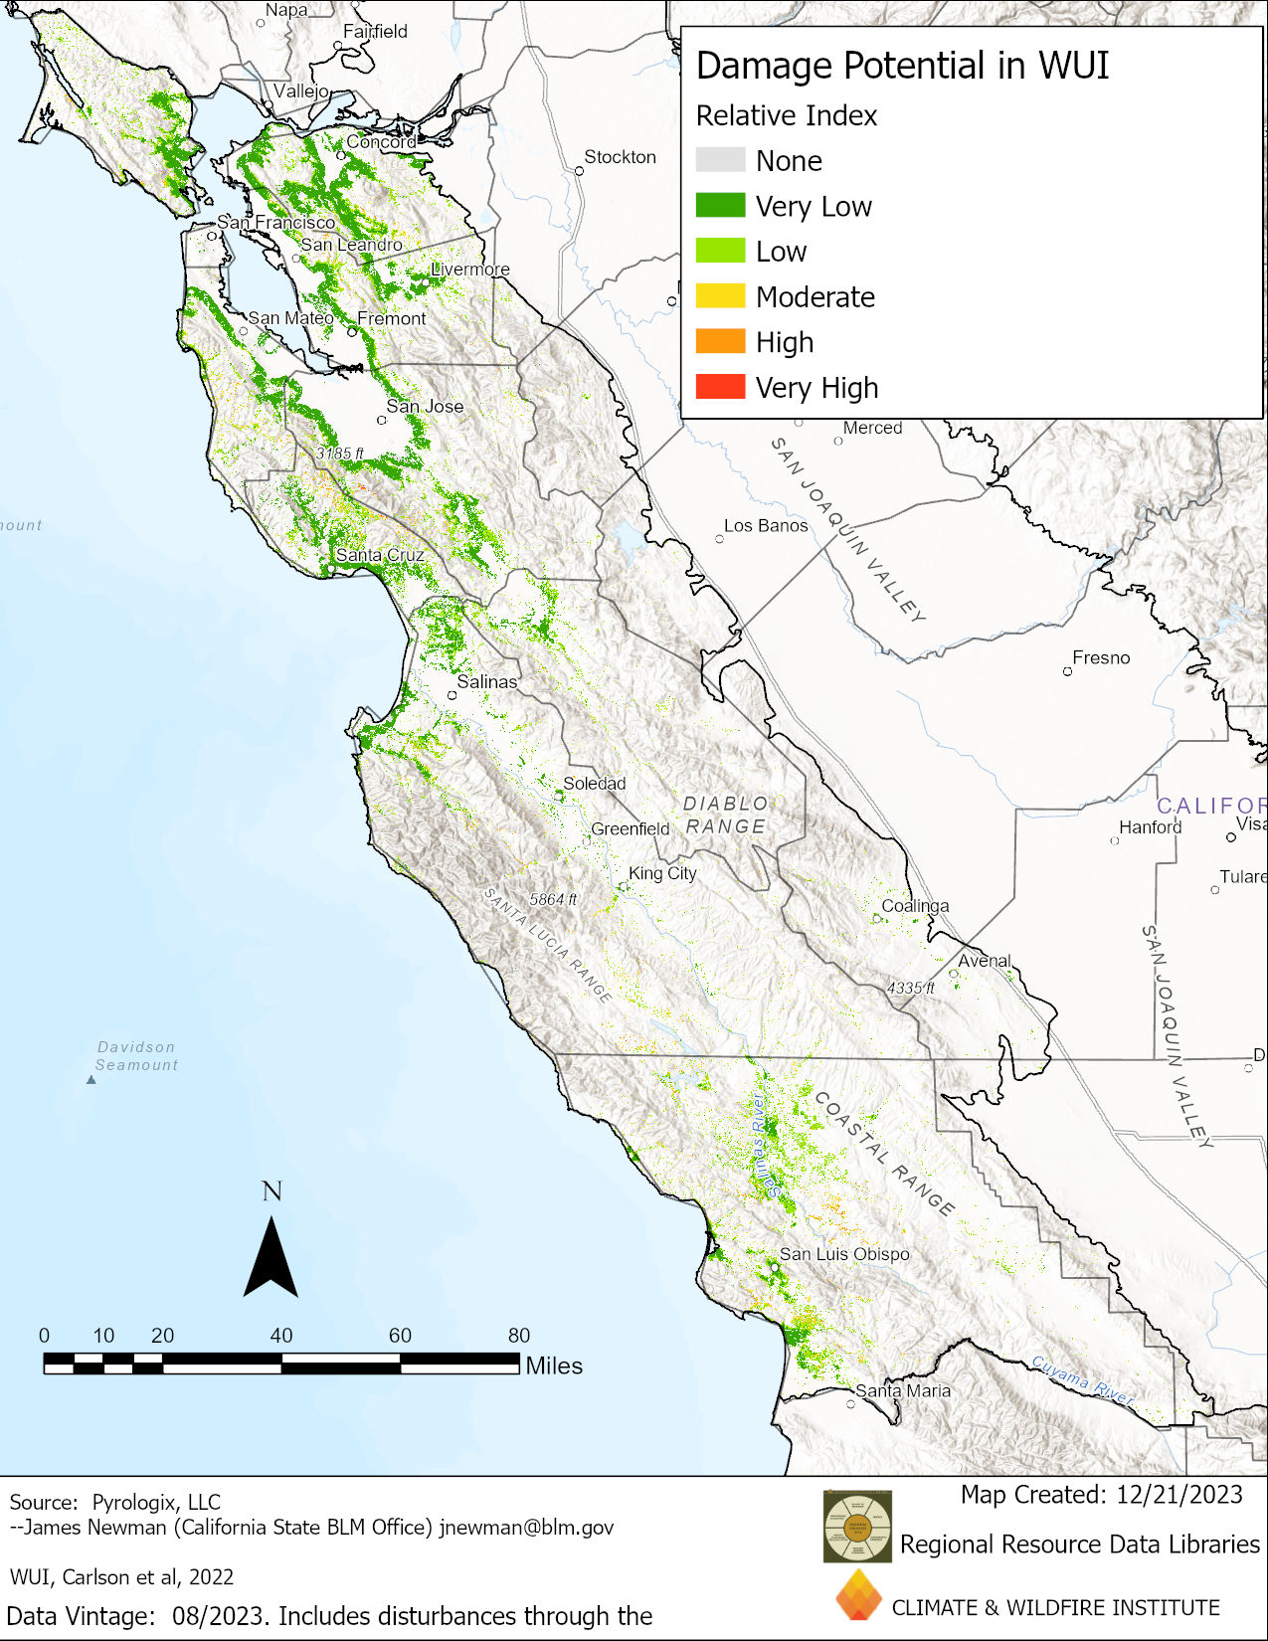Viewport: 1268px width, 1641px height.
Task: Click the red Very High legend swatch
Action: (720, 387)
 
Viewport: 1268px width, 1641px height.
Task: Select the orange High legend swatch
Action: (720, 341)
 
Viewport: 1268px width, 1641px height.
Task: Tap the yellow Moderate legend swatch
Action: (720, 295)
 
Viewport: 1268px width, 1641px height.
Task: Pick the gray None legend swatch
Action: (720, 160)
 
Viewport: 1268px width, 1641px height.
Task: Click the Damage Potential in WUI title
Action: (902, 66)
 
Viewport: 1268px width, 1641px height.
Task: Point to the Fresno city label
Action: (1101, 657)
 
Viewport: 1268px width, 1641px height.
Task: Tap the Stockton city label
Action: (620, 157)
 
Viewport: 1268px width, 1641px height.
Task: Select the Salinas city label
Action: (486, 681)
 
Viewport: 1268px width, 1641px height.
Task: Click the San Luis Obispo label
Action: (844, 1254)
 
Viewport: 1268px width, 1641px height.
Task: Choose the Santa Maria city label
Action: (903, 1390)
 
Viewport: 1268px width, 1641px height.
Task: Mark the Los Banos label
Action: (766, 525)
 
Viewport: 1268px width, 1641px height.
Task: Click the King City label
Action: (662, 873)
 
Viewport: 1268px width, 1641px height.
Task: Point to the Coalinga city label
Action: (915, 906)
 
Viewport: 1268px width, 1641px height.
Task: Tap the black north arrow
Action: (271, 1258)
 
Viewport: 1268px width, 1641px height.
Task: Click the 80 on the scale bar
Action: (519, 1336)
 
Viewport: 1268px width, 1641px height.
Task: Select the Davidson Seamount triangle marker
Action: (91, 1079)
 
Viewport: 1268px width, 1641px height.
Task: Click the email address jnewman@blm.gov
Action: (526, 1528)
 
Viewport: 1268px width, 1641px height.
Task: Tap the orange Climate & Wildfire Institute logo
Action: (858, 1595)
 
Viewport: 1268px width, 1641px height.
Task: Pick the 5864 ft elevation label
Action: (553, 899)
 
